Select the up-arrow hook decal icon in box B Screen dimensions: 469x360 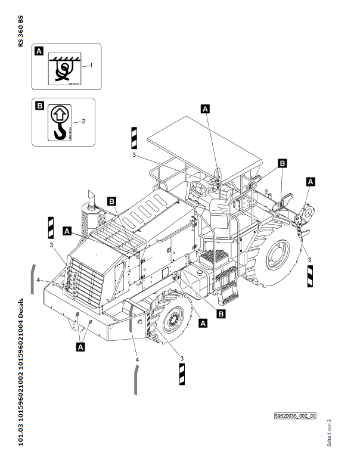(59, 122)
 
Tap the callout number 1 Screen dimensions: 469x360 (91, 66)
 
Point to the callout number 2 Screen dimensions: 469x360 (83, 121)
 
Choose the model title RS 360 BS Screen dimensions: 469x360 (21, 30)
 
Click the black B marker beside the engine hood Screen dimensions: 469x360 (111, 201)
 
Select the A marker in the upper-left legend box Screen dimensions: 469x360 (39, 51)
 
